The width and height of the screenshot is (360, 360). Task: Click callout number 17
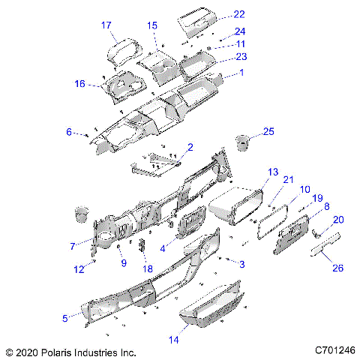tap(106, 25)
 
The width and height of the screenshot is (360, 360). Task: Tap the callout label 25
tap(268, 133)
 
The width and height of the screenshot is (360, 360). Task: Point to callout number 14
tap(174, 340)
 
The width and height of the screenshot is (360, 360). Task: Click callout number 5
tap(65, 318)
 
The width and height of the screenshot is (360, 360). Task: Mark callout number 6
tap(70, 132)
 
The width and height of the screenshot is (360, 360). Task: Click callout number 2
tap(190, 147)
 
